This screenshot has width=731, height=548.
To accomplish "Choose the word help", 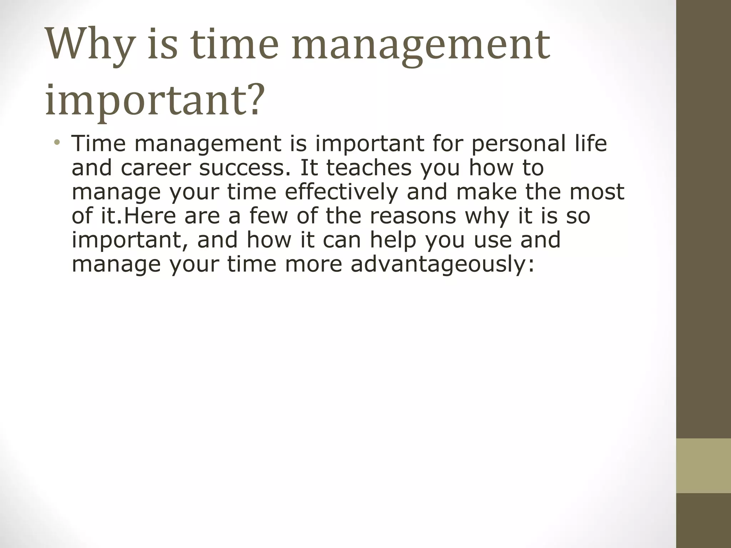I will [x=393, y=240].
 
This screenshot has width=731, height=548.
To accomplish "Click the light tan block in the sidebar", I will [x=704, y=466].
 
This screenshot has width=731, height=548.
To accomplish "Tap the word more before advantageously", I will [x=314, y=264].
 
